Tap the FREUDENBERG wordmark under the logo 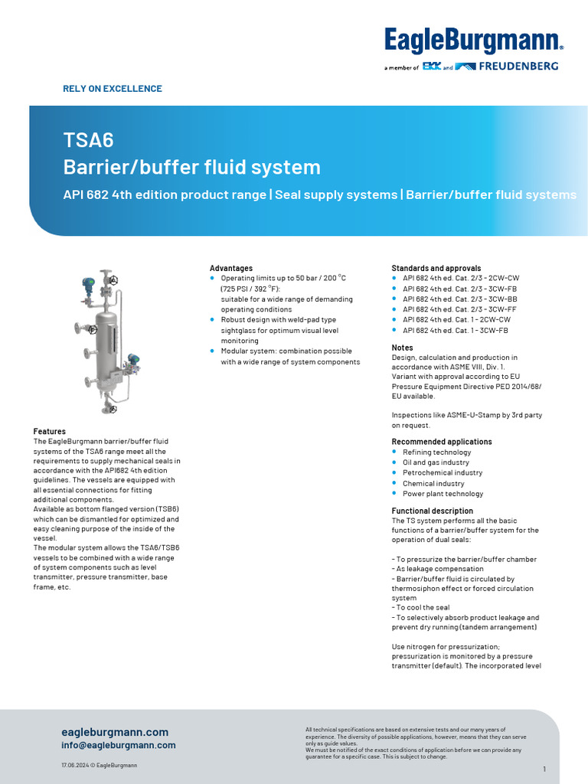pyautogui.click(x=518, y=67)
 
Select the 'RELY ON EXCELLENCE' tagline pyautogui.click(x=113, y=89)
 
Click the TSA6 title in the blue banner pyautogui.click(x=88, y=139)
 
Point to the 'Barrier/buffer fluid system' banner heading pyautogui.click(x=191, y=167)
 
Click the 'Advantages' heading pyautogui.click(x=231, y=268)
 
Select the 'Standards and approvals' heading pyautogui.click(x=436, y=268)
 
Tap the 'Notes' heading pyautogui.click(x=403, y=348)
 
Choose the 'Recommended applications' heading pyautogui.click(x=442, y=442)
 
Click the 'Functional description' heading pyautogui.click(x=433, y=511)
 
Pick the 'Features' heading pyautogui.click(x=50, y=432)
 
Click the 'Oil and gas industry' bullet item pyautogui.click(x=436, y=462)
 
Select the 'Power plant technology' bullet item pyautogui.click(x=443, y=494)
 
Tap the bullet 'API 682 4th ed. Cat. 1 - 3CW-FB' pyautogui.click(x=455, y=330)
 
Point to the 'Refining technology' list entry pyautogui.click(x=436, y=452)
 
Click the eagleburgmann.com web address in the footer pyautogui.click(x=115, y=732)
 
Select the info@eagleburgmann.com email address pyautogui.click(x=119, y=745)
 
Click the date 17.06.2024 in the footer pyautogui.click(x=77, y=766)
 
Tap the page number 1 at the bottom pyautogui.click(x=544, y=769)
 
